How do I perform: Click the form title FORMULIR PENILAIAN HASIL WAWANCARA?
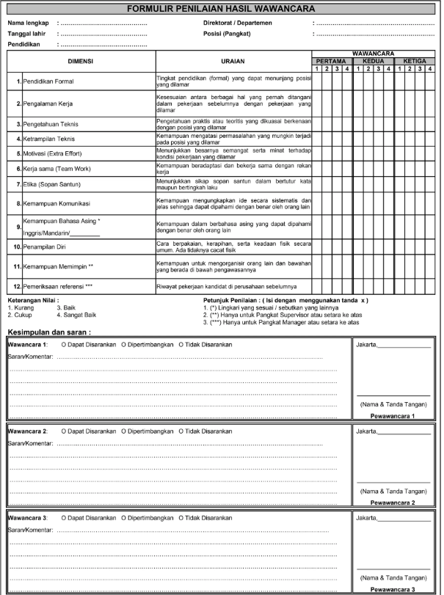[221, 10]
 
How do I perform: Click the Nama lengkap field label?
[29, 23]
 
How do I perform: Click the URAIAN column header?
[233, 61]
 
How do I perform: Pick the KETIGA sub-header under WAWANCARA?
[415, 62]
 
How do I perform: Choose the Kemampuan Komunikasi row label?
[57, 202]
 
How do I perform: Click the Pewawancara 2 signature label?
[393, 503]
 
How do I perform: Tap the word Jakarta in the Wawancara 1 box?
[366, 344]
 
